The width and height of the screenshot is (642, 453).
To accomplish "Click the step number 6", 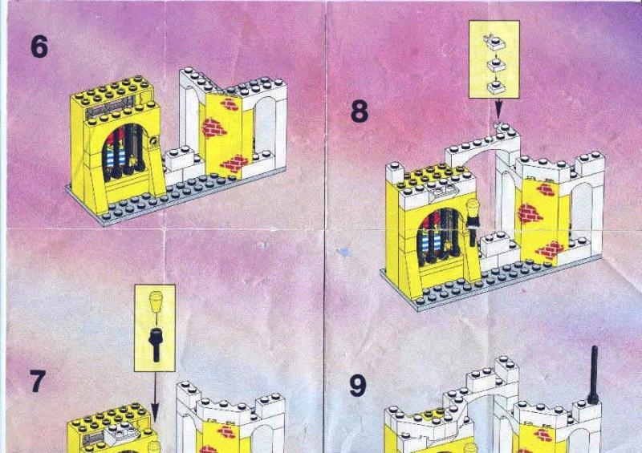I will coord(39,47).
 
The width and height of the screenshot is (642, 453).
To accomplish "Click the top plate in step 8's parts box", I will coord(493,40).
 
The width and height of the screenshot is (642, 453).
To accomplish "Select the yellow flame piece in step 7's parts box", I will coord(156,304).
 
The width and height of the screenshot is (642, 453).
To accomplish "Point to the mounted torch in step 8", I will coord(473,220).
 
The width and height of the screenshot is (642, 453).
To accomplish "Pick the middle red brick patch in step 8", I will coord(530,213).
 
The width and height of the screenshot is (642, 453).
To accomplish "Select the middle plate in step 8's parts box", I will coord(494,63).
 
